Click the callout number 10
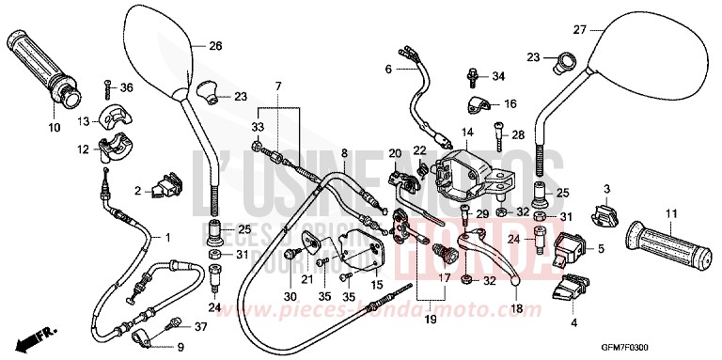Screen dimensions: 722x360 point(53,126)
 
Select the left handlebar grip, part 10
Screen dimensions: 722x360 point(44,66)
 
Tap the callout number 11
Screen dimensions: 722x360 point(670,214)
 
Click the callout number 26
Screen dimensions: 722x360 point(215,45)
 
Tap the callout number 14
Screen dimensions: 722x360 point(466,133)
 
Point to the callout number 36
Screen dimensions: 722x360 point(128,88)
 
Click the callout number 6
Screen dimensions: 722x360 point(387,69)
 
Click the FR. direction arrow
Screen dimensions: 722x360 point(39,335)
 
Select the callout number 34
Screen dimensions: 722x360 point(498,74)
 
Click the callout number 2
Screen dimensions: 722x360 point(137,191)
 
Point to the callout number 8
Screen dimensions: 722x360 point(345,152)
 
